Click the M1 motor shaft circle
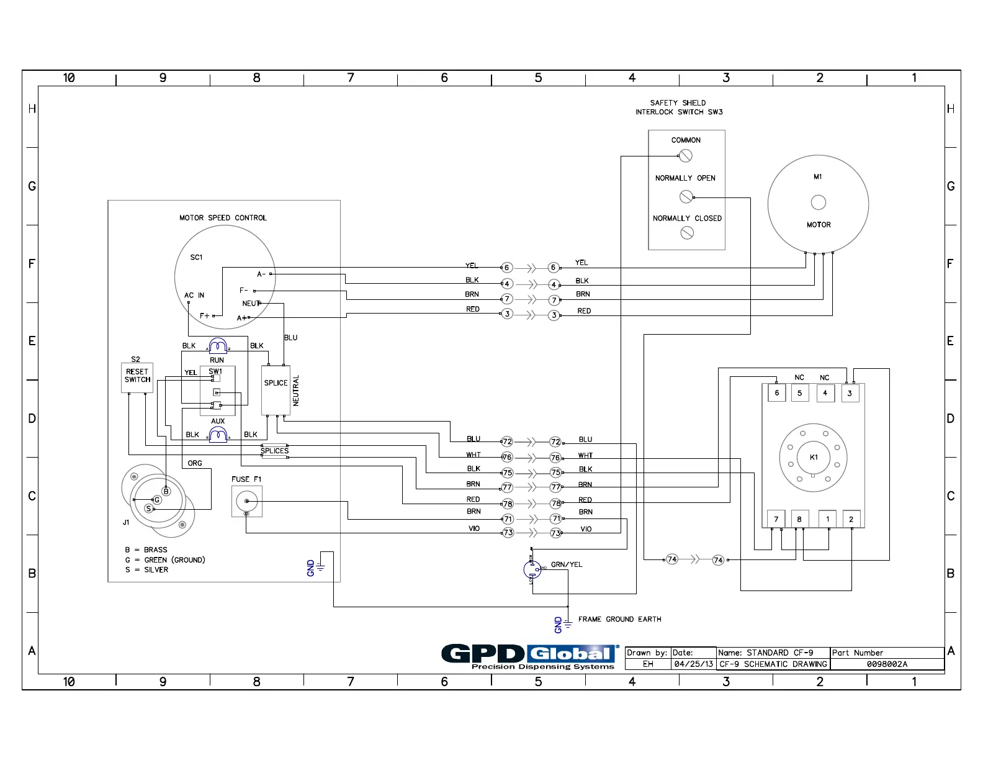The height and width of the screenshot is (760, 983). pos(819,202)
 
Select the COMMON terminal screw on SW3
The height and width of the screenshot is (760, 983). pos(686,156)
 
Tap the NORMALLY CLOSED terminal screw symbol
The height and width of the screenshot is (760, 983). pos(687,233)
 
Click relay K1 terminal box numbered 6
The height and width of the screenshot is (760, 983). pos(776,393)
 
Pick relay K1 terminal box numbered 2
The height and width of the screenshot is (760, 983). pos(851,519)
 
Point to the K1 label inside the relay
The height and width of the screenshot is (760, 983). pos(814,457)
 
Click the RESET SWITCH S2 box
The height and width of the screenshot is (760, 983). pos(137,378)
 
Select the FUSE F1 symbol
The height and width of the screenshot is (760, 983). pos(247,501)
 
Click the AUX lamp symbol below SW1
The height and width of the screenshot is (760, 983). pos(218,435)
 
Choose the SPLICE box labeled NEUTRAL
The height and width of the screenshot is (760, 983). pos(276,391)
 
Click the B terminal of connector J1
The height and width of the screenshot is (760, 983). pos(166,491)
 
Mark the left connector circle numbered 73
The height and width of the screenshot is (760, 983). pos(508,533)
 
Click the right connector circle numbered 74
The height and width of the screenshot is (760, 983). pos(718,560)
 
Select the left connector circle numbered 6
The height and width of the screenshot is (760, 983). pos(506,268)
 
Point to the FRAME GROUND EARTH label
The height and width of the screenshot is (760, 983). pos(619,619)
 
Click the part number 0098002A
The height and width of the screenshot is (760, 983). pos(887,664)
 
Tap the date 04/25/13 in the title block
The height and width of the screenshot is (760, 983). pos(694,664)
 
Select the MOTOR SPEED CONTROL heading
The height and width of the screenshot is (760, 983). pos(223,218)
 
